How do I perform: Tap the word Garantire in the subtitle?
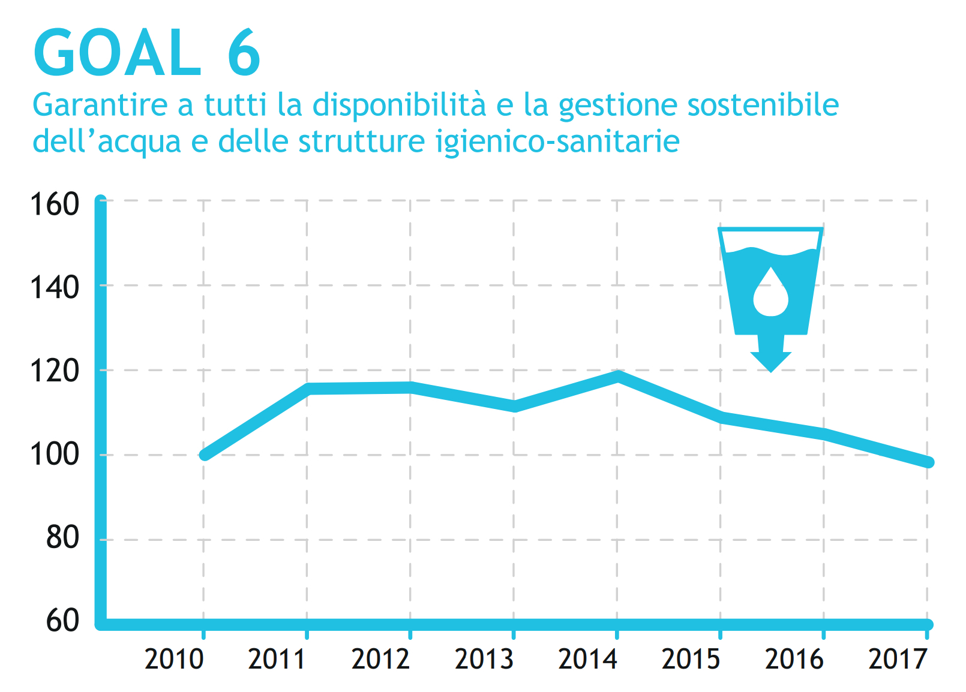[x=100, y=105]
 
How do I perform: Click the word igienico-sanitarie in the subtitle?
[x=557, y=142]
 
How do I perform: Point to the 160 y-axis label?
[x=55, y=204]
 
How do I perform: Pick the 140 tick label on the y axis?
[x=55, y=288]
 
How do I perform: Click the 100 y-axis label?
[x=55, y=455]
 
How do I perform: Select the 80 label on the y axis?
[x=62, y=538]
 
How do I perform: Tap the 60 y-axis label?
[x=62, y=621]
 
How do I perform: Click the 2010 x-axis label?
[x=174, y=660]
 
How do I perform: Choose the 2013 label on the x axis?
[x=484, y=660]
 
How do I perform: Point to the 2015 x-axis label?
[x=691, y=660]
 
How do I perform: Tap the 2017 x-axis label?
[x=898, y=660]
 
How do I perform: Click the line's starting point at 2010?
[x=205, y=455]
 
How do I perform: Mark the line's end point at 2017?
[x=928, y=462]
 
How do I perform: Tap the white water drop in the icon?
[x=770, y=293]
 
